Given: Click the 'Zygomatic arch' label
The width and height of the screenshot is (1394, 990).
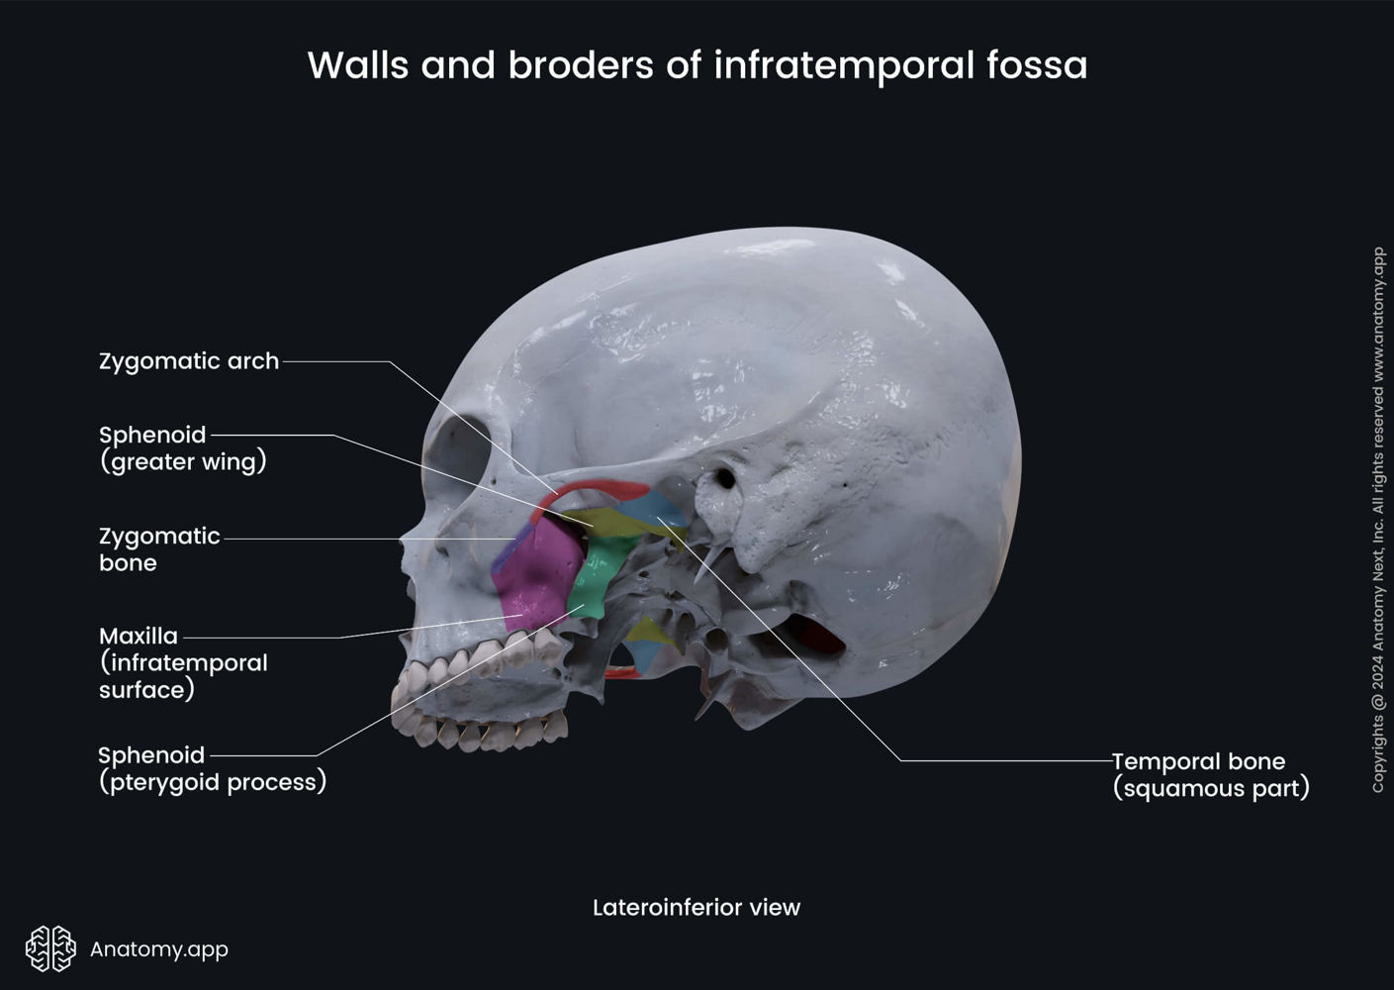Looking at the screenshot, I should [x=189, y=361].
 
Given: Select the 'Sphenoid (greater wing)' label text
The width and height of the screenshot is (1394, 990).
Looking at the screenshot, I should [x=183, y=448].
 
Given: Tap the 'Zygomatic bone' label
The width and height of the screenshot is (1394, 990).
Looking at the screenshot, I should [x=159, y=549].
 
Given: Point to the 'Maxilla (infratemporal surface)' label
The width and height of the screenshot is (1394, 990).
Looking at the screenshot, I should [x=183, y=662].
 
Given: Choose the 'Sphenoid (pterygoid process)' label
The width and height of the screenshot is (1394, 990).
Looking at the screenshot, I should [x=212, y=768].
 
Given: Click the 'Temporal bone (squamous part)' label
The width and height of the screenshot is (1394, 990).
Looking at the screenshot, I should [x=1210, y=774].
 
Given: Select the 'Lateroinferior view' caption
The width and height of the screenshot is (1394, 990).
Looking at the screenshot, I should [x=696, y=907].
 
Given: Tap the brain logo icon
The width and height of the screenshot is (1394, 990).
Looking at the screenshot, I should [x=50, y=948].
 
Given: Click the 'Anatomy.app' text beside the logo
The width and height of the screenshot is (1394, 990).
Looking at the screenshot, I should [x=159, y=948].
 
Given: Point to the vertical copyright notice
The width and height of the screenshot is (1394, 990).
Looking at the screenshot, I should [x=1377, y=520].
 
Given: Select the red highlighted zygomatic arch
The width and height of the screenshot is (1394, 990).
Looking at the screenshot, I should [x=594, y=487].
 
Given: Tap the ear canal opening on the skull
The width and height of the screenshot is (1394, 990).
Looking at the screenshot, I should [x=725, y=479].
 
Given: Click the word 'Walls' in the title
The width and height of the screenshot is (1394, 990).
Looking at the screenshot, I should [x=358, y=65].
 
